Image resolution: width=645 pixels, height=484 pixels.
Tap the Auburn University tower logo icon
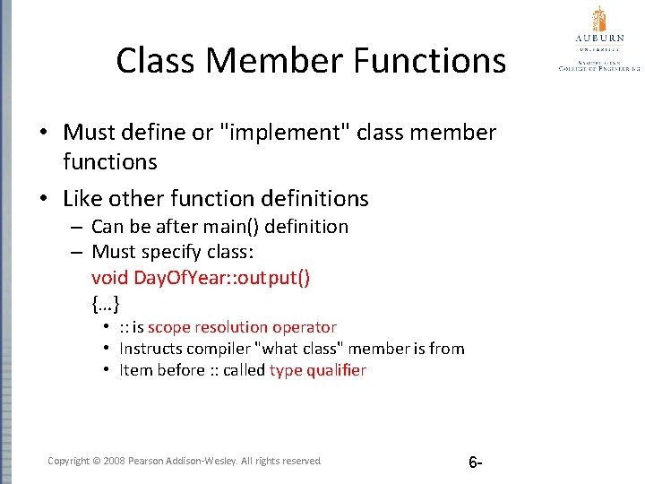pos(598,19)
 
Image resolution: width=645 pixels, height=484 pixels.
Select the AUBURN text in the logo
pos(598,39)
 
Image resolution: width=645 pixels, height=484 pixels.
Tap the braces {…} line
pos(106,303)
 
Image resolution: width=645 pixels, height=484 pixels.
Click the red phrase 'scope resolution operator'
pos(242,327)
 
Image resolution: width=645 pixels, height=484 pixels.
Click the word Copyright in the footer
pos(68,461)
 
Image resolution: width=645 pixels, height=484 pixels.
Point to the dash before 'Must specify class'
pos(79,252)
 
